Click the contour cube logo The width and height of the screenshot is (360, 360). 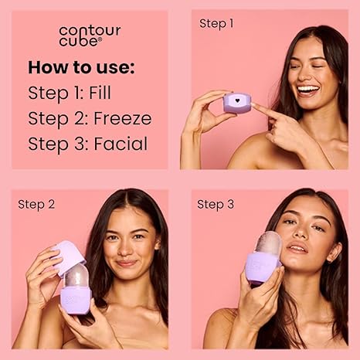point(90,36)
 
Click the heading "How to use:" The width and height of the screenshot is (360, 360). point(81,67)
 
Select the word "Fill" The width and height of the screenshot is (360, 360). point(100,93)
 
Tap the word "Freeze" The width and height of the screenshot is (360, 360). point(123,118)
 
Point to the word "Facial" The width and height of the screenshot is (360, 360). point(121,144)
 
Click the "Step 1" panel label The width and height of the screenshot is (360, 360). point(216,24)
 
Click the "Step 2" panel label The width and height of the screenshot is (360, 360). point(36,205)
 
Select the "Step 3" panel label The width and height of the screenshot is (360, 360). point(216,205)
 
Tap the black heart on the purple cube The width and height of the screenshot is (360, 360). point(237,100)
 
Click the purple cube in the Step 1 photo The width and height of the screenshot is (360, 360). point(237,103)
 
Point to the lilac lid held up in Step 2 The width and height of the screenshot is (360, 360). point(69,256)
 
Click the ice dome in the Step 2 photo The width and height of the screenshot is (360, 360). point(76,275)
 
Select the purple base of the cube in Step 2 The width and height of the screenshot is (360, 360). point(76,301)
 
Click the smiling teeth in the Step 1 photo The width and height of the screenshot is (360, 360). point(307,90)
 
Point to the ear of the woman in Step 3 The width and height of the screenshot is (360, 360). point(335,253)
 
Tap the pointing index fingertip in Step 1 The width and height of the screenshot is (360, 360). point(254,105)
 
